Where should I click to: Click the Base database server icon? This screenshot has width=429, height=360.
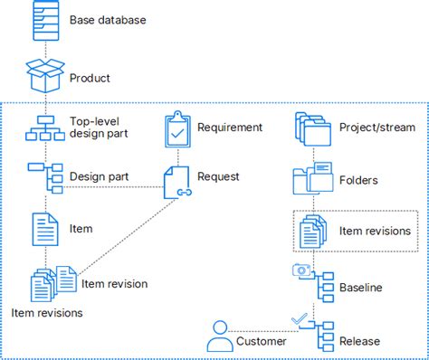tap(45, 20)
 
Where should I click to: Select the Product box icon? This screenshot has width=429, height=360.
tap(45, 77)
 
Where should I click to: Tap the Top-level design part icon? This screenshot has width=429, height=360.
tap(45, 128)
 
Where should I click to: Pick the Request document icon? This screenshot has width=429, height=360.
tap(177, 182)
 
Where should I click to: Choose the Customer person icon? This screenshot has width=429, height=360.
tap(219, 337)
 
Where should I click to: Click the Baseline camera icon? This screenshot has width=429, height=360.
tap(300, 270)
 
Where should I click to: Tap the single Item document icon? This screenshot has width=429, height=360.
tap(45, 230)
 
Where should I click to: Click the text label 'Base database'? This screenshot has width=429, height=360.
tap(107, 19)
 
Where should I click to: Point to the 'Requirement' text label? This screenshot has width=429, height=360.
tap(230, 128)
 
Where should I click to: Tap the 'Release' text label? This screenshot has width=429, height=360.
tap(359, 341)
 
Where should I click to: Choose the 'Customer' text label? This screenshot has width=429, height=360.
tap(262, 341)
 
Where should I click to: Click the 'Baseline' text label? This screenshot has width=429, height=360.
tap(360, 288)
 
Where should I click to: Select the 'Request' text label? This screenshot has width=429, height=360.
tap(218, 176)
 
